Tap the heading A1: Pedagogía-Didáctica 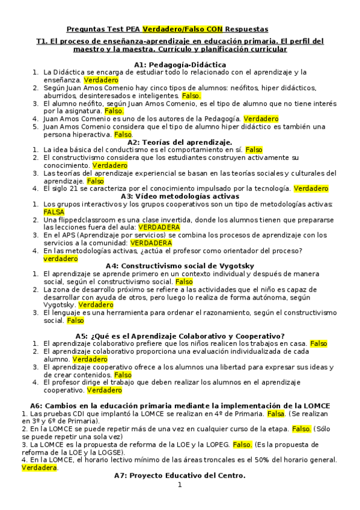pos(180,64)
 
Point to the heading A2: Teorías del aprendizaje pos(180,142)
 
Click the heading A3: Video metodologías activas pos(180,196)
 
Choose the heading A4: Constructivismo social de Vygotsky pos(180,266)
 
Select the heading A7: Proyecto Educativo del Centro pos(180,476)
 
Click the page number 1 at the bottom pos(180,485)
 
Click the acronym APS pos(69,236)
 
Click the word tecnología pos(272,188)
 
